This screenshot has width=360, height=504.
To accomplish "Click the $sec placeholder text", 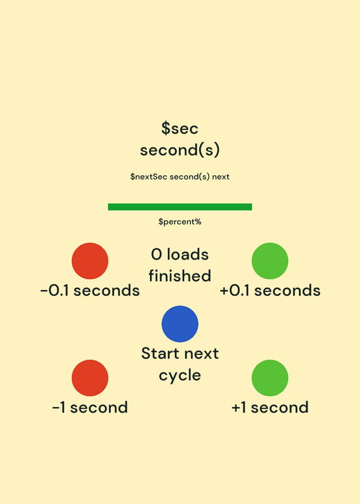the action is click(x=180, y=128).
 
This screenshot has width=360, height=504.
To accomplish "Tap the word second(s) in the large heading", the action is click(x=180, y=150).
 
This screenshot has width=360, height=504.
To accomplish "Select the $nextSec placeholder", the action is click(x=149, y=176).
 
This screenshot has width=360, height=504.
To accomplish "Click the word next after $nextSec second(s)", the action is click(x=221, y=177).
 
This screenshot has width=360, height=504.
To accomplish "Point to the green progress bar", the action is click(x=180, y=207).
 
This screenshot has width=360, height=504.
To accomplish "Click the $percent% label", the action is click(x=180, y=222).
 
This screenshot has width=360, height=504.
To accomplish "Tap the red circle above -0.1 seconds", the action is click(x=90, y=261).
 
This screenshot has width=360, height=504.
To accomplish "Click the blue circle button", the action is click(x=180, y=324).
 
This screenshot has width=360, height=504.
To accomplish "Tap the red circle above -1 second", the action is click(x=90, y=377).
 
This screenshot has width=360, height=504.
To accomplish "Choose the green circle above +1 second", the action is click(x=270, y=377).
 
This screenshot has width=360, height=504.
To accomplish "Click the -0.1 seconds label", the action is click(x=90, y=290).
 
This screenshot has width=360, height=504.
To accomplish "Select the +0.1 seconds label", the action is click(x=270, y=290).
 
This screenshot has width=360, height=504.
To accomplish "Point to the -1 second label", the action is click(x=90, y=407).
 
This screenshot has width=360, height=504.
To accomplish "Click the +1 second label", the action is click(x=270, y=407).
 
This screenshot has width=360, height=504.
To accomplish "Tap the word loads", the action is click(x=187, y=255).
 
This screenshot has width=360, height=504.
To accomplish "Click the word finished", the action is click(x=180, y=276).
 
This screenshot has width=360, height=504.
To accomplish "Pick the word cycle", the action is click(x=180, y=375).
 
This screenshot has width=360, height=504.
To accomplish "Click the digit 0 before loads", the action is click(x=156, y=255).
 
